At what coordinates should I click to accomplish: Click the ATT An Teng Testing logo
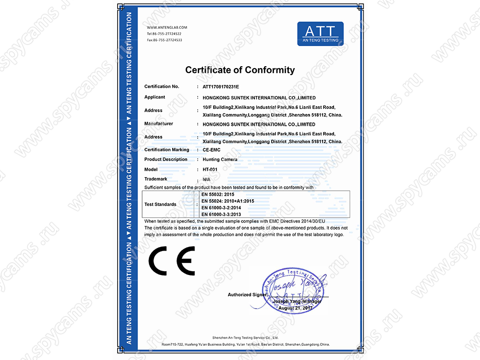click(320, 33)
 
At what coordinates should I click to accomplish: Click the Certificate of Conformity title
click(240, 70)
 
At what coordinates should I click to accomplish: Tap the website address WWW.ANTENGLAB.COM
click(167, 28)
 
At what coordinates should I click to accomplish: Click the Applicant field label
click(155, 97)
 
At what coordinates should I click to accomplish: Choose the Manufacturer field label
click(158, 124)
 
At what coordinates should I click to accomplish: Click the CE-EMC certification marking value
click(212, 150)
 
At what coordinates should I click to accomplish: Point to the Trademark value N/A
click(207, 179)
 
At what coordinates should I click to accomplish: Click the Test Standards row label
click(160, 204)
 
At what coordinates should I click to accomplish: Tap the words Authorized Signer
click(247, 294)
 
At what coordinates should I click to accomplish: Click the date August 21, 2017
click(295, 308)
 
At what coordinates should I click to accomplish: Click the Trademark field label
click(155, 179)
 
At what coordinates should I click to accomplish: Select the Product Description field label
click(166, 159)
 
